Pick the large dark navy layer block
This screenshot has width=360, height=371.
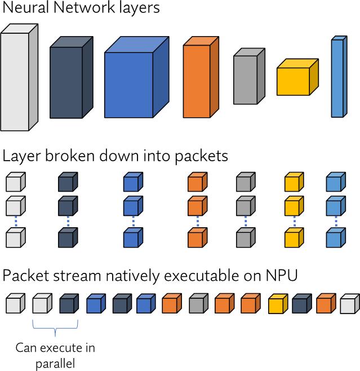click(68, 81)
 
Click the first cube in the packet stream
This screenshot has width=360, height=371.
click(14, 304)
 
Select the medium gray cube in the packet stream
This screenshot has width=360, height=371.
click(198, 304)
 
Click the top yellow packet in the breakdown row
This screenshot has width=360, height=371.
click(292, 184)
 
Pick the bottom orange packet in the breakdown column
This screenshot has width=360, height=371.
click(195, 239)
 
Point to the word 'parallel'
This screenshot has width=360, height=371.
click(55, 364)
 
